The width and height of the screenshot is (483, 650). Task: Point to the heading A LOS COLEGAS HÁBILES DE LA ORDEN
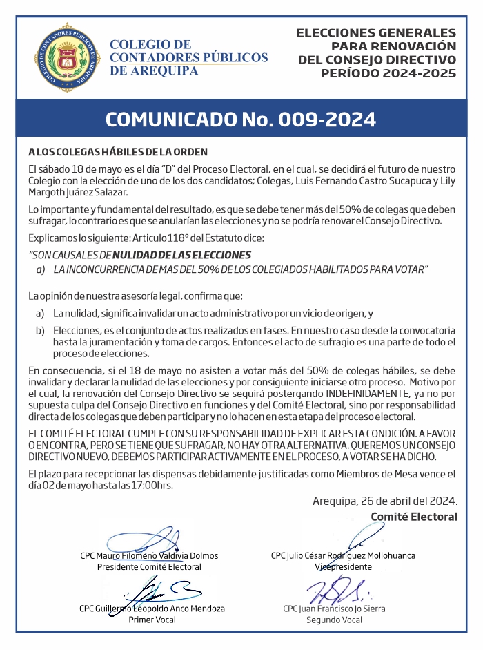[118, 152]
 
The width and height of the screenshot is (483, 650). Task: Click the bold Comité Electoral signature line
[414, 516]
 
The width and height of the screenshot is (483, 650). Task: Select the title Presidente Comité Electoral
[149, 566]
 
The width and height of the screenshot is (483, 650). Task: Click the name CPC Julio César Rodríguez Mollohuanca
[343, 555]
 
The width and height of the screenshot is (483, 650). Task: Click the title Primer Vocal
[152, 620]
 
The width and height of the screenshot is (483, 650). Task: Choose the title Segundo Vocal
[334, 620]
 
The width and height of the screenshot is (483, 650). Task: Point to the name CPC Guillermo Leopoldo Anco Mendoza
[152, 609]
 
